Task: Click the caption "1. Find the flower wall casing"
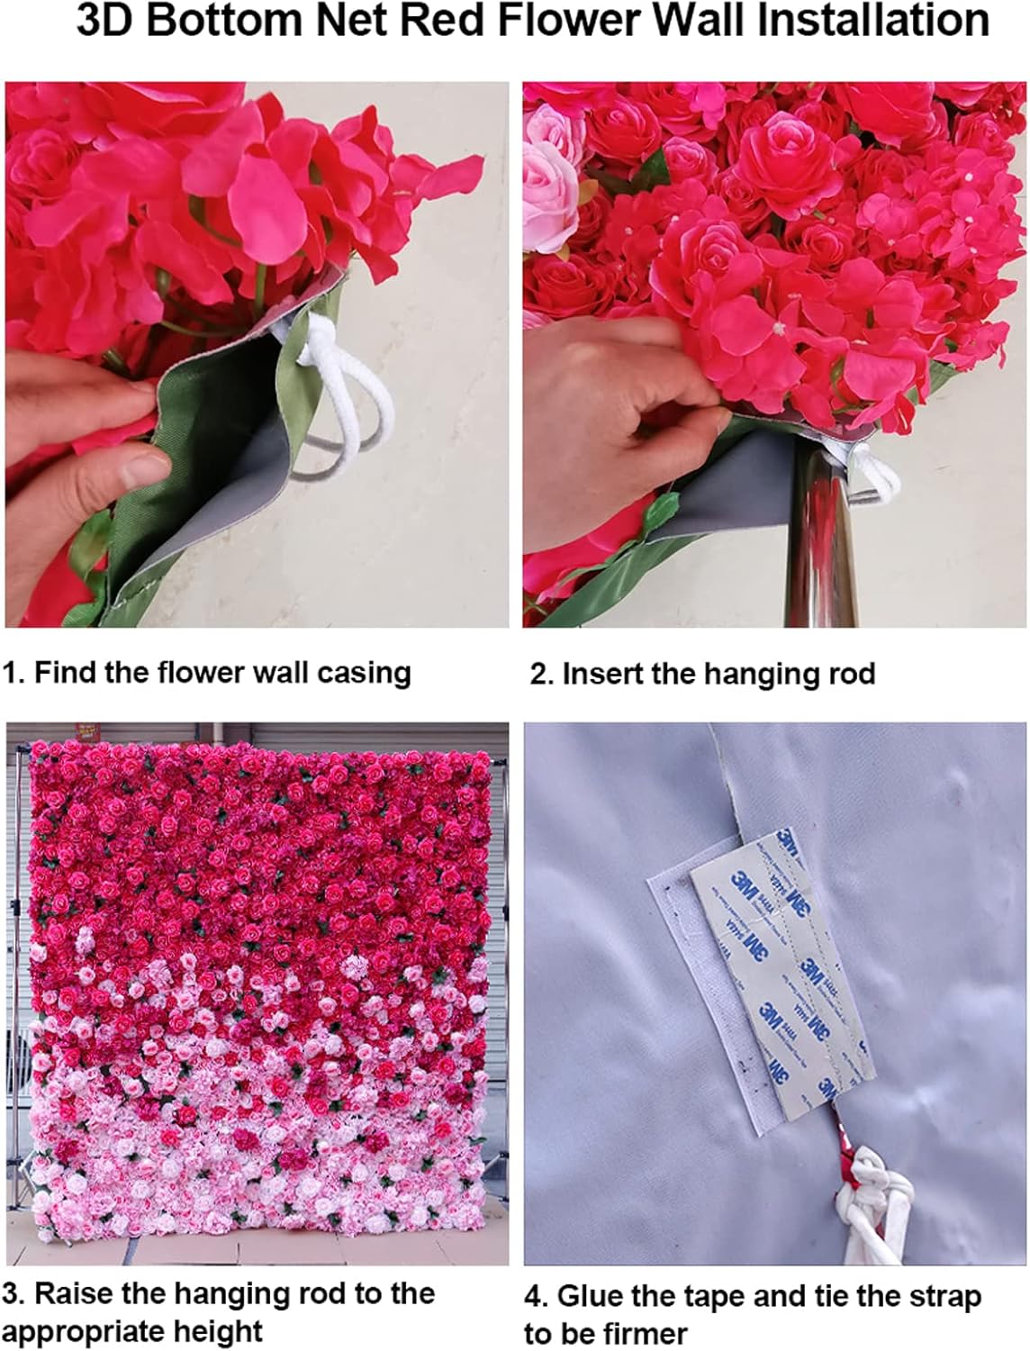pos(207,673)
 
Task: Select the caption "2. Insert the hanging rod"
pos(702,674)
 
